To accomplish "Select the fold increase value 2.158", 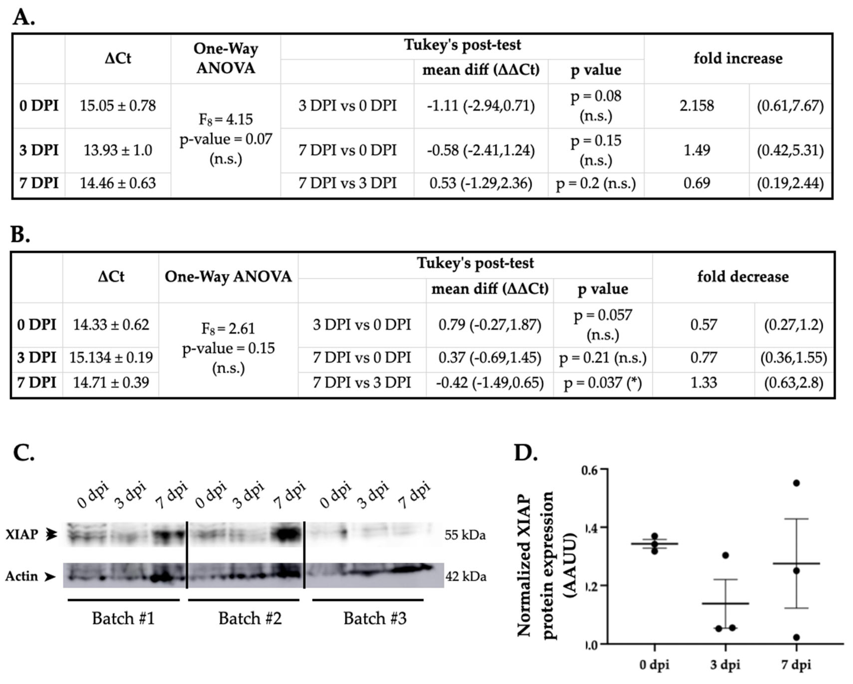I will click(696, 106).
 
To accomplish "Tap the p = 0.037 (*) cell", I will click(603, 383).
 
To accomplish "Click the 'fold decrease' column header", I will click(743, 276).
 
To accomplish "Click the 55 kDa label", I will click(465, 535).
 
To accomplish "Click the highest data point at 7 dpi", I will click(796, 483).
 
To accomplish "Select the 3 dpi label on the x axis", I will click(725, 664).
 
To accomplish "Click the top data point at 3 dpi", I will click(725, 555).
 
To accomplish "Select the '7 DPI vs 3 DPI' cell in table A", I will click(347, 183).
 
